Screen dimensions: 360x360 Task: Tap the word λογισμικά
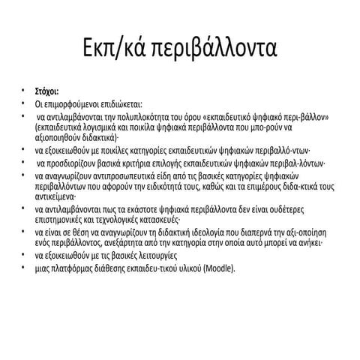[103, 128]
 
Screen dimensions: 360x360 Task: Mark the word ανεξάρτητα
[126, 244]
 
